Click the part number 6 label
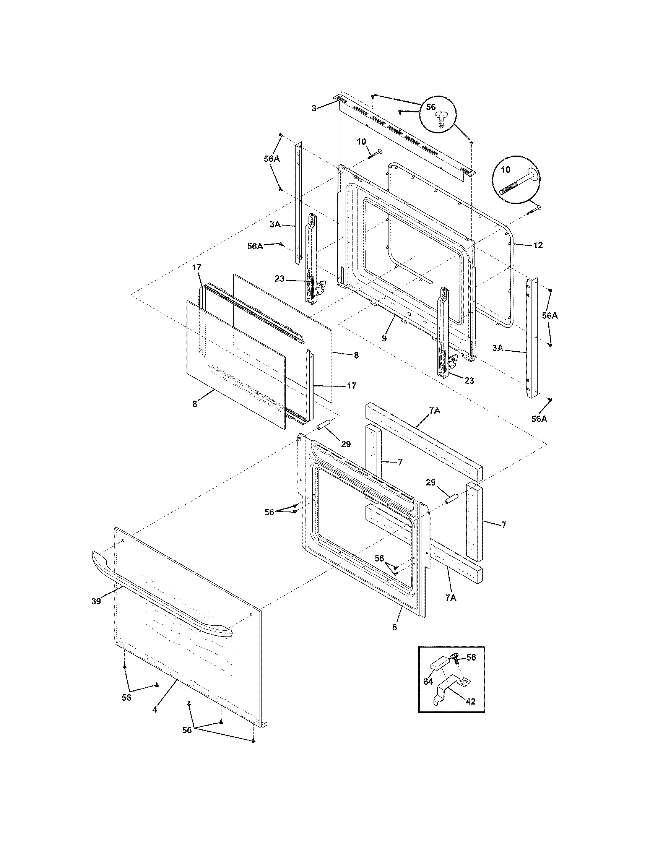tap(394, 627)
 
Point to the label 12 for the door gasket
tap(538, 245)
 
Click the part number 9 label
tap(384, 339)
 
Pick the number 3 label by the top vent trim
tap(314, 109)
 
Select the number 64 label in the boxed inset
tap(428, 681)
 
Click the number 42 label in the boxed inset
tap(471, 701)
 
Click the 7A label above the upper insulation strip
tap(434, 411)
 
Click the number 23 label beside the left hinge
tap(279, 279)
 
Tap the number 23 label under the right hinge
tap(469, 381)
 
